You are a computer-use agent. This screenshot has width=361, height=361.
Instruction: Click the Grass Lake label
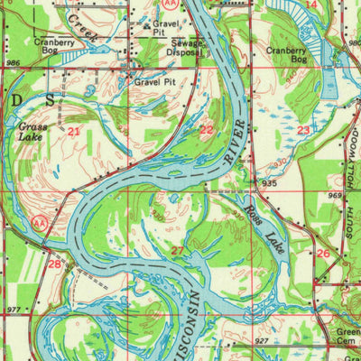pos(33,133)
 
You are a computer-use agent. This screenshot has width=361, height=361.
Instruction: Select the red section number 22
pos(207,130)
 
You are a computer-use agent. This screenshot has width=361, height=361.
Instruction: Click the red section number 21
pos(73,132)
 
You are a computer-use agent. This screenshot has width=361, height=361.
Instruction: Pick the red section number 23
pos(304,130)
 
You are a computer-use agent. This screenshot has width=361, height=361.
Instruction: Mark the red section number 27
pos(178,251)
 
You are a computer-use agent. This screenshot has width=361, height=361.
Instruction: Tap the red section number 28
pos(55,264)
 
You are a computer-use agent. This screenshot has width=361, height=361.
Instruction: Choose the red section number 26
pos(323,254)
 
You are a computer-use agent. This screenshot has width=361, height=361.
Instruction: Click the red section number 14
pos(311,5)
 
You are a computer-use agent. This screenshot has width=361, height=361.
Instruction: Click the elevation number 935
pos(269,182)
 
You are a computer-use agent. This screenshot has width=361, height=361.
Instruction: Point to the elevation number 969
pos(335,194)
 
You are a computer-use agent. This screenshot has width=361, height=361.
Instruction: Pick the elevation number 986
pos(12,64)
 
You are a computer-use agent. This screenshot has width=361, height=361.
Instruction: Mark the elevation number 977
pos(12,310)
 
